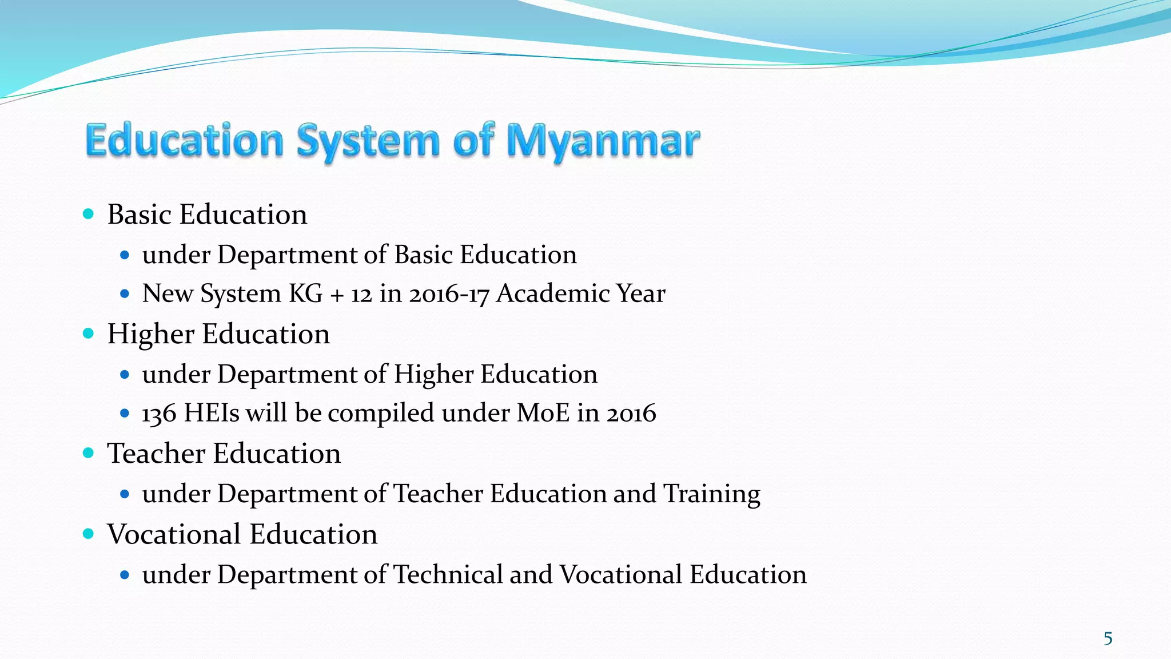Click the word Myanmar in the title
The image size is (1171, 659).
click(x=603, y=141)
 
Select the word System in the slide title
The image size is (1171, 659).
click(x=368, y=141)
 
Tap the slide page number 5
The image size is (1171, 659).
click(x=1108, y=638)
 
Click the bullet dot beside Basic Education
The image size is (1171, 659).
click(x=88, y=215)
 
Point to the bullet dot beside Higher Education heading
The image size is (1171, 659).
click(x=88, y=334)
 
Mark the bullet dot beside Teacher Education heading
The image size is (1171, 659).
click(x=88, y=453)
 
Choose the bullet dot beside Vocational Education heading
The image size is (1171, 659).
click(x=88, y=534)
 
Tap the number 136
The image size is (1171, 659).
click(x=159, y=414)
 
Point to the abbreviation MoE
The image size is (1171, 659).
click(x=543, y=414)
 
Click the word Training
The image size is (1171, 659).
click(x=711, y=494)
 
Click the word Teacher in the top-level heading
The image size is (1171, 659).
click(x=156, y=454)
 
